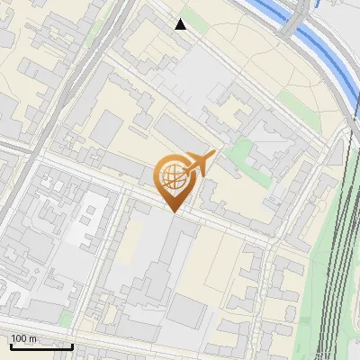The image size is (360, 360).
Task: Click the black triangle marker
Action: pos(181,24)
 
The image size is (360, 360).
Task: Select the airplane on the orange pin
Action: pos(199,163)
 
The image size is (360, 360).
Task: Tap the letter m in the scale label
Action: pos(33,338)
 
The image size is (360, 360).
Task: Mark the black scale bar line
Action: pos(40,346)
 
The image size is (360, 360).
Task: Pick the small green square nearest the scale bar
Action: pos(66,317)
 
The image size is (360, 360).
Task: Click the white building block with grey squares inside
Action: pos(89,216)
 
